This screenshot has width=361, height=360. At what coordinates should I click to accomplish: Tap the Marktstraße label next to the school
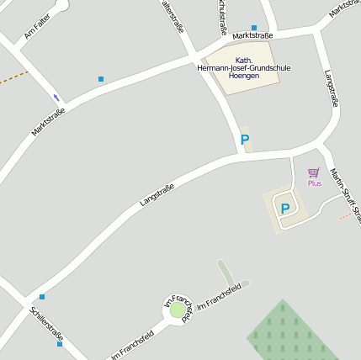[252, 36]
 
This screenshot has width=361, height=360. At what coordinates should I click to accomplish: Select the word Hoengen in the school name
[243, 76]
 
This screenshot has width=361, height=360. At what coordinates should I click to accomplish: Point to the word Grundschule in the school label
[266, 67]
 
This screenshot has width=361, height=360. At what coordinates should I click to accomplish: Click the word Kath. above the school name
[244, 60]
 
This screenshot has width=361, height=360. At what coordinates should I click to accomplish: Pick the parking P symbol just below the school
[245, 140]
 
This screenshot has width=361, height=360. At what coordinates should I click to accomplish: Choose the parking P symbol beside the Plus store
[284, 209]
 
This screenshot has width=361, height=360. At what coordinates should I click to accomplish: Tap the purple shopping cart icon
[314, 172]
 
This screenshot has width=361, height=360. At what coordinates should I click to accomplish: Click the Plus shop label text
[314, 183]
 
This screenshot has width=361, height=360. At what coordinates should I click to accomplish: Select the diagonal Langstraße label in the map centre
[157, 195]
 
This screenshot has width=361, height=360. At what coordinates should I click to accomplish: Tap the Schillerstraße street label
[46, 324]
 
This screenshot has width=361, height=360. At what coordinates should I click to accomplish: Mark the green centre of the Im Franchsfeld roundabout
[178, 310]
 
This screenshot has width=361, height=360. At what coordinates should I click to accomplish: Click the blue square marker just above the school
[253, 28]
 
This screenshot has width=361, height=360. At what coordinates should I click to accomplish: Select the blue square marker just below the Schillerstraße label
[59, 344]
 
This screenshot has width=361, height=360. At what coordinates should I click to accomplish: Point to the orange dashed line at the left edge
[13, 78]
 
